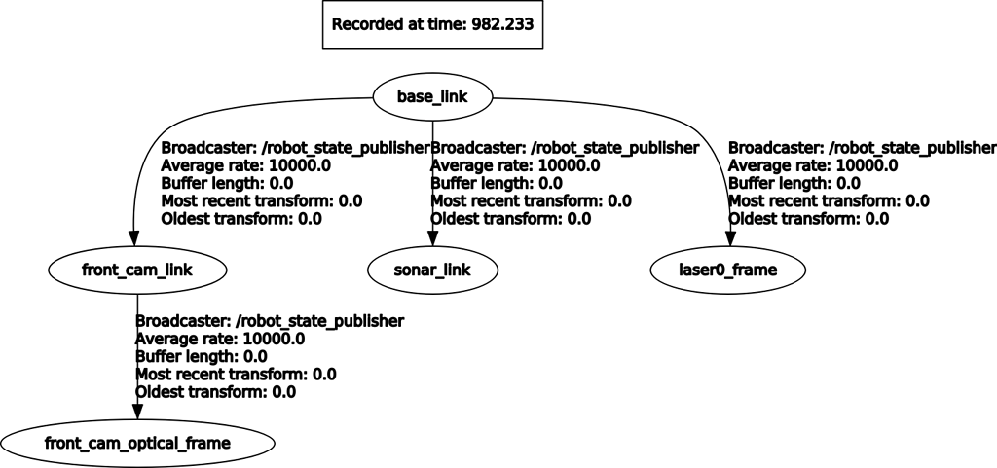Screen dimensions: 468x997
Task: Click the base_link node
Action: (432, 96)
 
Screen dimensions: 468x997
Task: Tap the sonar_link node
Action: (432, 269)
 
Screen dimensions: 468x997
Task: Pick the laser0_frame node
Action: (728, 269)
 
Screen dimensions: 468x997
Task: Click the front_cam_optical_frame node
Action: (137, 443)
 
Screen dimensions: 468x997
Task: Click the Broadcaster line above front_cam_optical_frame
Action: (270, 320)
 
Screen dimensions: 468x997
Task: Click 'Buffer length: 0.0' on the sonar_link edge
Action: (497, 183)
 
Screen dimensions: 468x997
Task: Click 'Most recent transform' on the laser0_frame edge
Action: (829, 200)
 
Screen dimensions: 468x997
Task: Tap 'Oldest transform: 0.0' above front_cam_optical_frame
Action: (215, 391)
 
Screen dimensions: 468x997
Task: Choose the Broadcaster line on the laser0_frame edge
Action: (862, 148)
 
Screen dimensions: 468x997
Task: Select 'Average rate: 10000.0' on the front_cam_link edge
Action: (246, 165)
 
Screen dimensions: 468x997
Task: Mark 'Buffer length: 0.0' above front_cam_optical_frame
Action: (202, 356)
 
